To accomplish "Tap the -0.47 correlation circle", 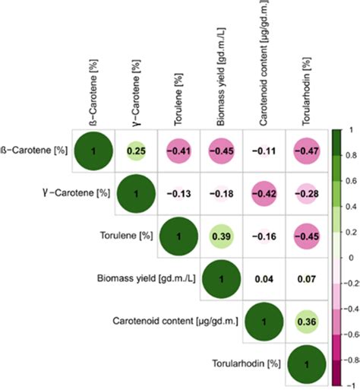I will click(x=308, y=151).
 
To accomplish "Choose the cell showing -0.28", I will click(x=308, y=194).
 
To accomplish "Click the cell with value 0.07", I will click(x=308, y=281).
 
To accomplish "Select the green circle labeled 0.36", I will click(x=308, y=324).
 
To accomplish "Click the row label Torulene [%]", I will click(x=127, y=237).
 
